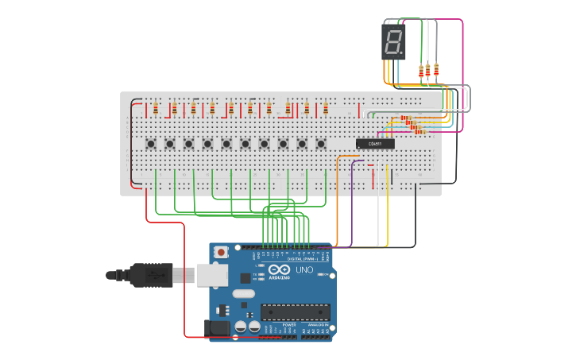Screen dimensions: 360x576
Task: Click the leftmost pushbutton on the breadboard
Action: click(x=151, y=144)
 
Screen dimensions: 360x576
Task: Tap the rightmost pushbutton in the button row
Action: click(x=321, y=144)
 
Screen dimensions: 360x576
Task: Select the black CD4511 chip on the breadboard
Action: click(x=375, y=144)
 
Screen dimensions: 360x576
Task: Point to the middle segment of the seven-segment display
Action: click(x=393, y=41)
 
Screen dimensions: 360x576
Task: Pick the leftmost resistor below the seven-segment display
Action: click(x=421, y=72)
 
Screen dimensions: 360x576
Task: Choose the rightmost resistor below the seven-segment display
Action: click(x=436, y=70)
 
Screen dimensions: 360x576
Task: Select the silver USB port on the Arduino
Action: click(x=211, y=275)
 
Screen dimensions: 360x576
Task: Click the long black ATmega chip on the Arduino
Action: click(x=295, y=312)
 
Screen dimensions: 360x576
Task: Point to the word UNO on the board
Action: click(x=304, y=269)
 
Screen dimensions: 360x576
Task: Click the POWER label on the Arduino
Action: click(x=289, y=325)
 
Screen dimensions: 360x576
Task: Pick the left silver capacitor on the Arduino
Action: click(x=241, y=326)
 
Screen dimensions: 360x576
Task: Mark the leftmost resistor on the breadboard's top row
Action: click(x=156, y=107)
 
